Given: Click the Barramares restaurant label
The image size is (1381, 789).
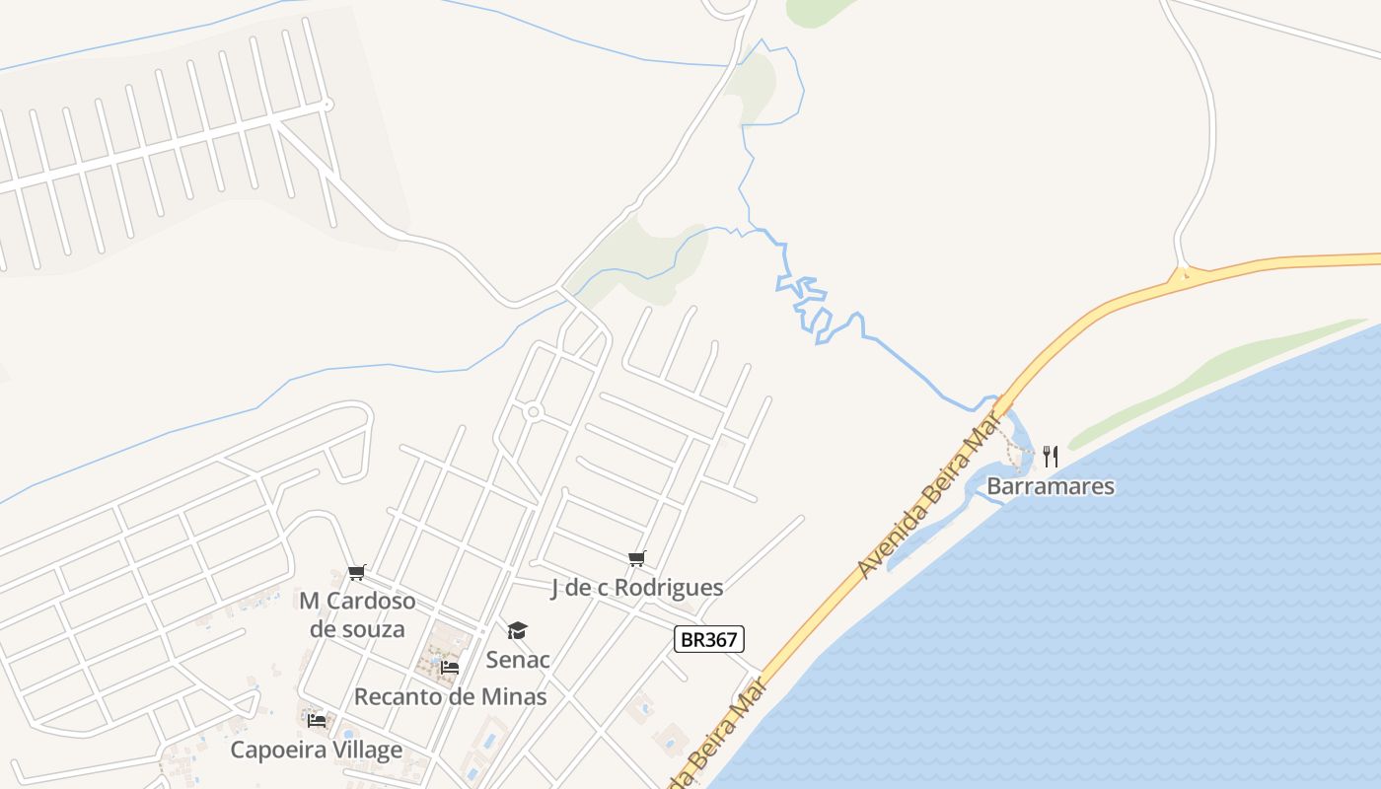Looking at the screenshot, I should (1051, 486).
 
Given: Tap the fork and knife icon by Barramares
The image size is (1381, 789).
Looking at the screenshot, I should (1051, 456).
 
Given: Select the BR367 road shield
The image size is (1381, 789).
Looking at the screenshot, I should (709, 639).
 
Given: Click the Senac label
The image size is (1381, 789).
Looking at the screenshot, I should (518, 659).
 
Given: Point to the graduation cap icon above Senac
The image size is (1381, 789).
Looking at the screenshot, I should (518, 631).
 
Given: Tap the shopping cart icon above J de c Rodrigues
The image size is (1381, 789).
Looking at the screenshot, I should (637, 559).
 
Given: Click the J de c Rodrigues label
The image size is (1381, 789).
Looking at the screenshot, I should (636, 588).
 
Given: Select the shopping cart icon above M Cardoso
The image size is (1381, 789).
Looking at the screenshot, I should (357, 573).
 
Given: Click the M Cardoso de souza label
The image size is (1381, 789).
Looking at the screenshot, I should (357, 614).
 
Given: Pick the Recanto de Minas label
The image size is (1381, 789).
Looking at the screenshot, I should (450, 696).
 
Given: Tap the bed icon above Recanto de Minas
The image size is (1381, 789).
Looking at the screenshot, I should (450, 668).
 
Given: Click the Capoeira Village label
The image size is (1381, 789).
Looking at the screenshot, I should (316, 750).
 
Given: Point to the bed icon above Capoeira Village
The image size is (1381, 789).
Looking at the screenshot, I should (317, 720).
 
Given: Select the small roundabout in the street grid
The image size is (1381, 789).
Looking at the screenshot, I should (534, 411).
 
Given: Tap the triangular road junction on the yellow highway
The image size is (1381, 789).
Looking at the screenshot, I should (1184, 275).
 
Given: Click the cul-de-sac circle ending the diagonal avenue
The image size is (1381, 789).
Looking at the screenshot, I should (327, 104).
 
